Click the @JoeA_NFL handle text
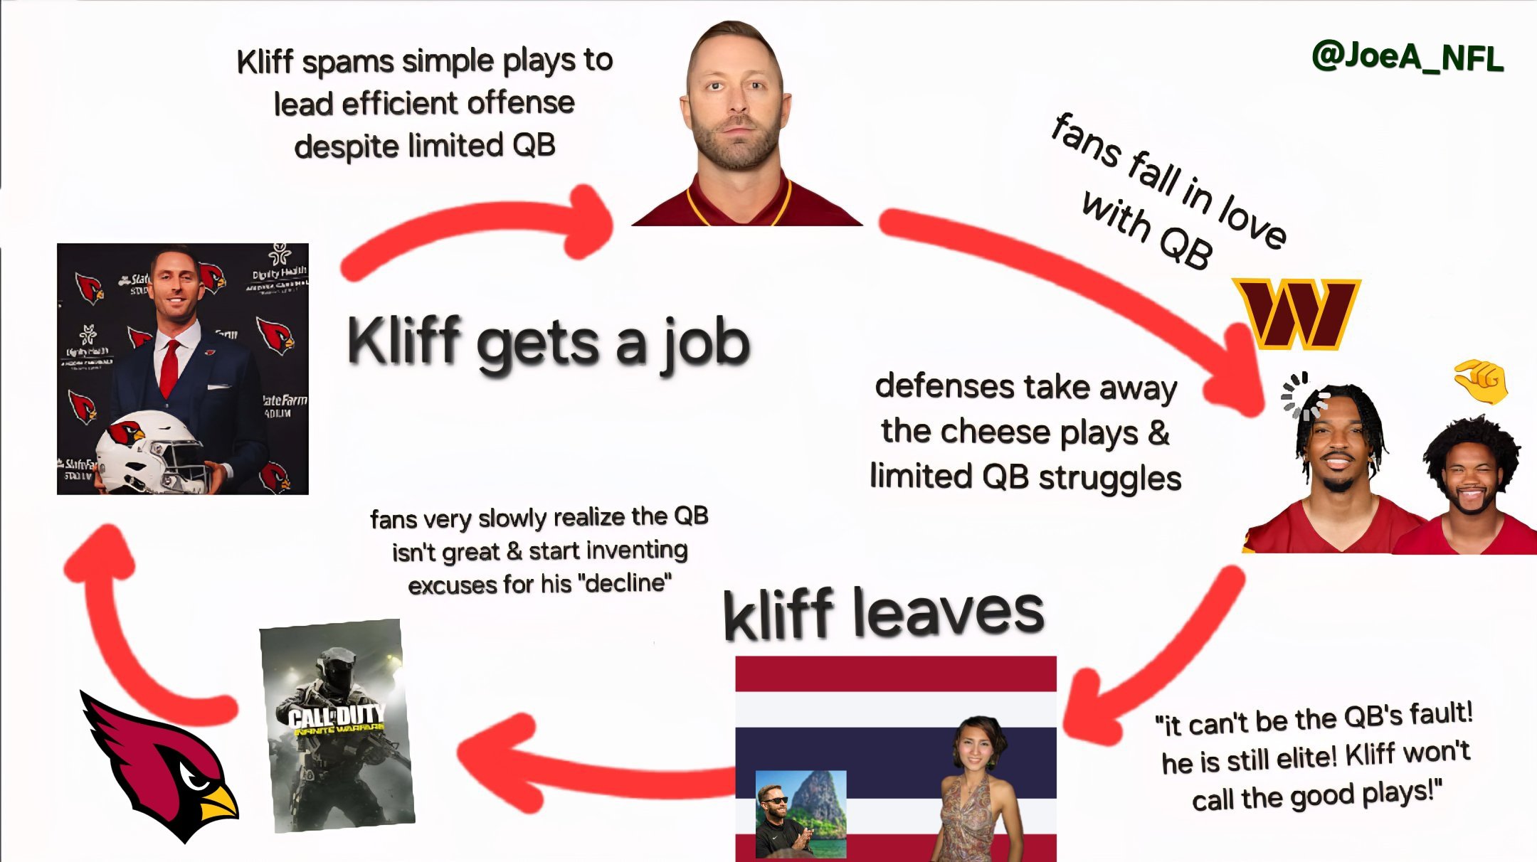click(1407, 57)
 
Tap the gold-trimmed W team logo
click(1296, 314)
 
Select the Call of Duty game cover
click(337, 725)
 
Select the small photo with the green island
click(801, 814)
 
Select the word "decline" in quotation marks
click(625, 583)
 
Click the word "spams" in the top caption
click(347, 62)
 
